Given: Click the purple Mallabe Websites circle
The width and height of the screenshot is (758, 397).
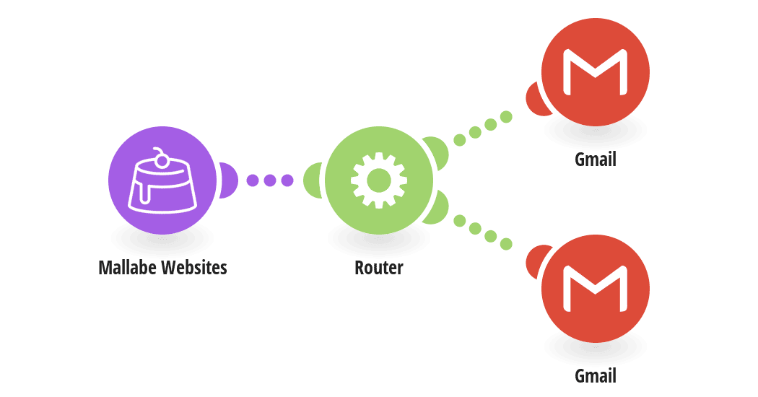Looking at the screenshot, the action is point(162,180).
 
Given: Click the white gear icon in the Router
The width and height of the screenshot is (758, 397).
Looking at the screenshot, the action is point(378,180).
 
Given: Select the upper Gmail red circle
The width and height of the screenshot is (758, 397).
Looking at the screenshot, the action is point(595,72).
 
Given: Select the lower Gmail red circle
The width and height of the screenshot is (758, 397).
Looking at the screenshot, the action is point(595,289).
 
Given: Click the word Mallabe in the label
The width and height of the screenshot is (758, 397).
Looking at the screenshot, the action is point(128,267).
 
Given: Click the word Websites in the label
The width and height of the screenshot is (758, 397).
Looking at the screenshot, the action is point(194,267).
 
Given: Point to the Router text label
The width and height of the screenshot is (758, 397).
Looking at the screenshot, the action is point(378,267).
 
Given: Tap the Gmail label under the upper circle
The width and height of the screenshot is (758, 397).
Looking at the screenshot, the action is point(595,160).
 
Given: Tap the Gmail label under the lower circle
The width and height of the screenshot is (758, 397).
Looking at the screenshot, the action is point(595,376).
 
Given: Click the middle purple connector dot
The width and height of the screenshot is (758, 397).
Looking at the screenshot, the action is point(270,180).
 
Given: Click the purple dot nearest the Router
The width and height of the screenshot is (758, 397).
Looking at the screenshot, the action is point(287,180).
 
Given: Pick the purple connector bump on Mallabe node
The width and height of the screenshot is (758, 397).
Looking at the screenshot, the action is point(229,180).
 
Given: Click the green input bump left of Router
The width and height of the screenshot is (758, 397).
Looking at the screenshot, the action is point(312,180).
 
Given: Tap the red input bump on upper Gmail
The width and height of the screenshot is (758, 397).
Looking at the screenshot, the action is point(536,99).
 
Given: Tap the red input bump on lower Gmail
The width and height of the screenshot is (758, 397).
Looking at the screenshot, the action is point(536,261).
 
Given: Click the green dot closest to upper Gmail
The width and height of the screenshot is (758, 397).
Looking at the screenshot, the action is point(505,117).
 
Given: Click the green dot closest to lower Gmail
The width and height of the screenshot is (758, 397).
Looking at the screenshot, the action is point(505,244).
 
